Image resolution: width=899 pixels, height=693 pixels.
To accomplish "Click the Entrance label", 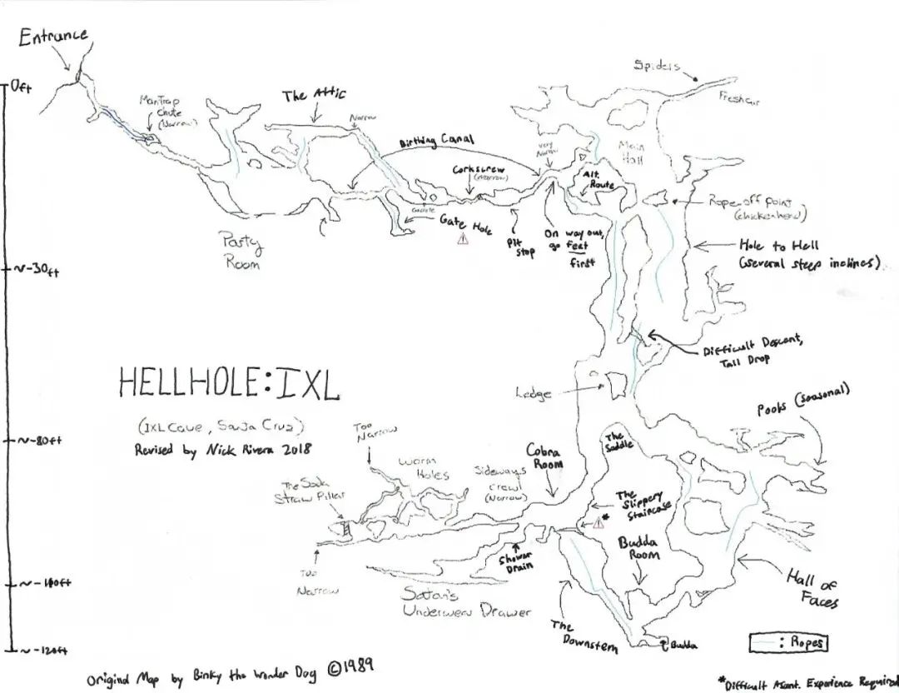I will [53, 37].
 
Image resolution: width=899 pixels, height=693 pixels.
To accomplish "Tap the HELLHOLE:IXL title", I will [229, 382].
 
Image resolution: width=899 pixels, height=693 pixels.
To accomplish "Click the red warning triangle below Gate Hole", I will [463, 239].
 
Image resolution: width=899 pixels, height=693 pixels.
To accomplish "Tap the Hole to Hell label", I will [779, 246].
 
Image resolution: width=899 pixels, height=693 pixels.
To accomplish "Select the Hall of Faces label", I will [812, 588].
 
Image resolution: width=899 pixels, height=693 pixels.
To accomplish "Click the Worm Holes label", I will [424, 468].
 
